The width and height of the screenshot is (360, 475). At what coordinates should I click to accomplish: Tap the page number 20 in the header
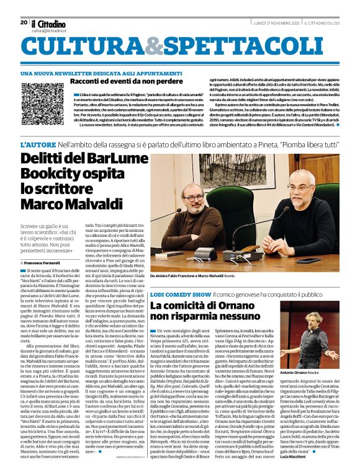(x=24, y=22)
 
